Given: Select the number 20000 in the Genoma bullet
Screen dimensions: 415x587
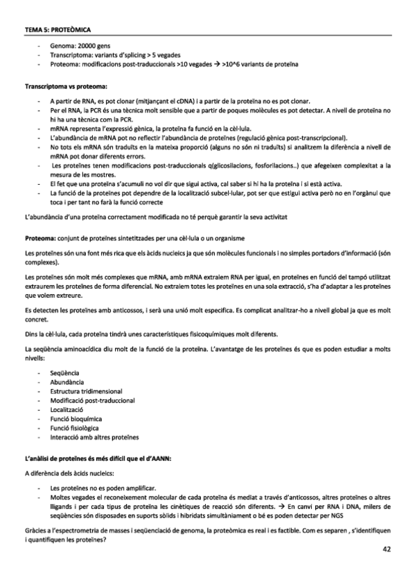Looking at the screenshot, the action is coord(78,46).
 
